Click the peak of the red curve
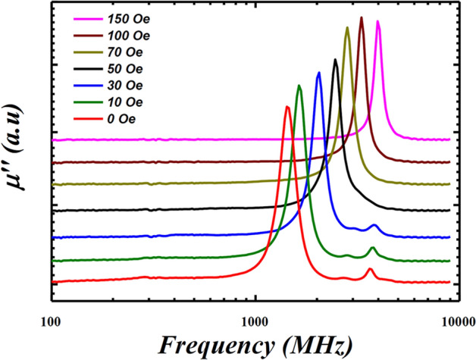pyautogui.click(x=287, y=107)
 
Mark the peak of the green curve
pyautogui.click(x=299, y=86)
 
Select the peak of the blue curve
pyautogui.click(x=318, y=73)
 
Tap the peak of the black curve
pyautogui.click(x=335, y=59)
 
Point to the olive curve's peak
pyautogui.click(x=347, y=28)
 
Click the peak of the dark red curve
pyautogui.click(x=361, y=17)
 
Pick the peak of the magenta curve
pyautogui.click(x=377, y=22)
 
